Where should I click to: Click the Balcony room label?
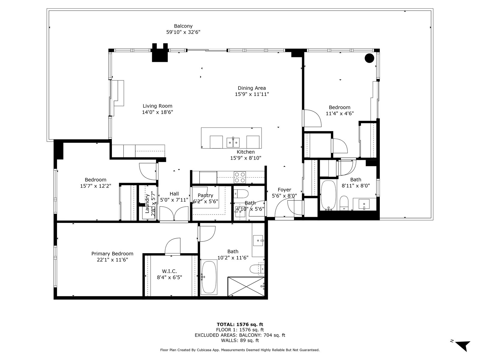pos(183,26)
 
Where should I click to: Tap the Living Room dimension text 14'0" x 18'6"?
pos(157,112)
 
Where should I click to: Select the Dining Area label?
pos(252,88)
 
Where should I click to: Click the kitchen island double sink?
pos(233,142)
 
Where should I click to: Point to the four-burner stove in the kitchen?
pos(240,177)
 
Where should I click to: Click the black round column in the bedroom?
pos(369,58)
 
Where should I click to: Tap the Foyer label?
pos(284,190)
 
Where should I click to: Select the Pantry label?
pos(205,195)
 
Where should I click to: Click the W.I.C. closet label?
pos(169,271)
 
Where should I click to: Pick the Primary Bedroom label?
pos(112,253)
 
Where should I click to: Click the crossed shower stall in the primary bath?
pos(246,286)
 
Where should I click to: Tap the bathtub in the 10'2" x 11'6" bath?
pos(209,277)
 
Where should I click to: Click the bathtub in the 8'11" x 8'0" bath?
pos(328,195)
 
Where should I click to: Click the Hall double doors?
pos(174,214)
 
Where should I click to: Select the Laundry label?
pos(147,203)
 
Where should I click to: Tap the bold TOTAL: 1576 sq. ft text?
pos(240,324)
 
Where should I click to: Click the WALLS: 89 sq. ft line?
pos(240,340)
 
